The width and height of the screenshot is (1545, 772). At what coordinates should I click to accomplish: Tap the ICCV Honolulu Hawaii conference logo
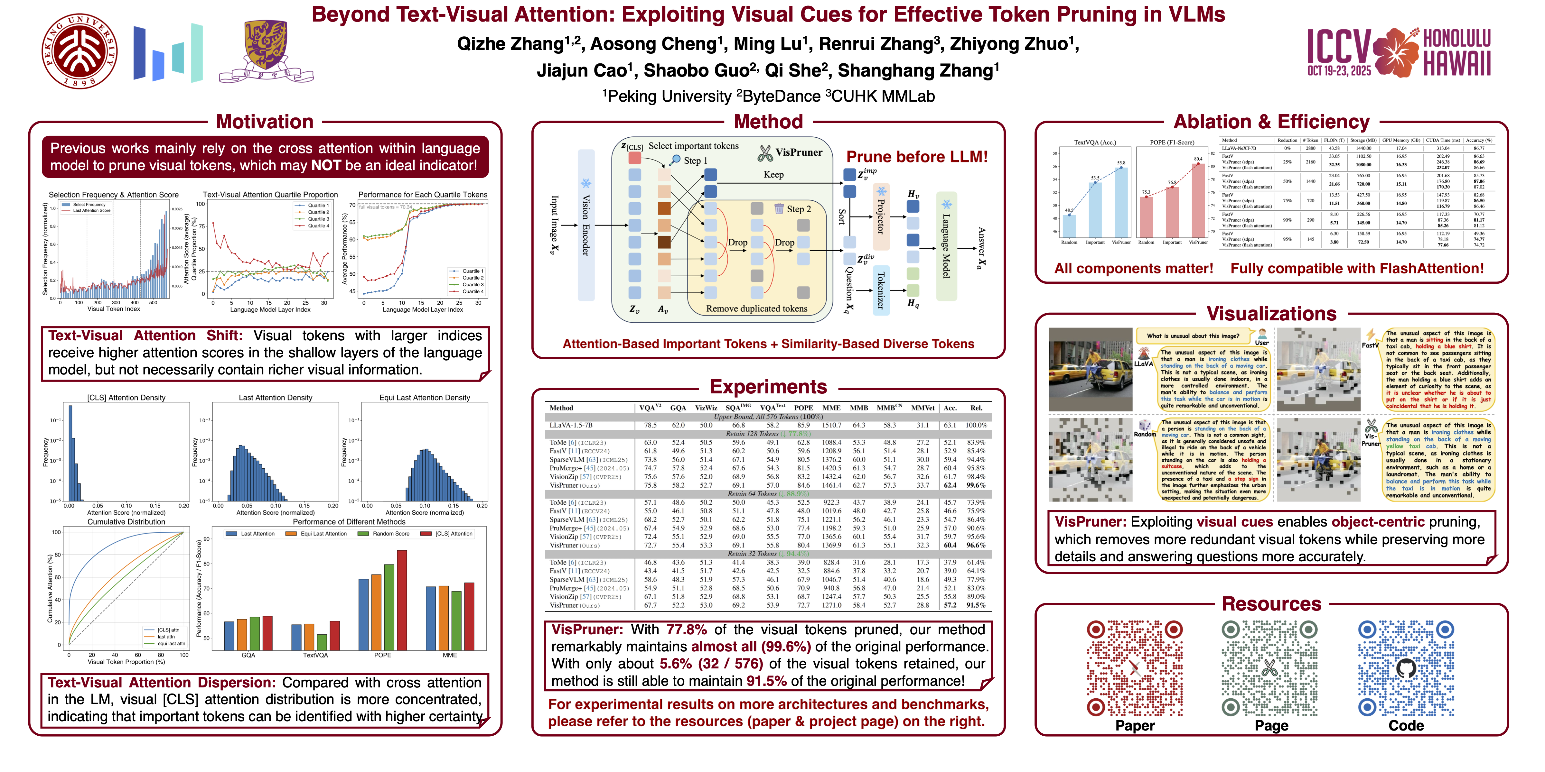click(x=1399, y=53)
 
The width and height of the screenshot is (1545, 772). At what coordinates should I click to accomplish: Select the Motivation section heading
click(x=265, y=122)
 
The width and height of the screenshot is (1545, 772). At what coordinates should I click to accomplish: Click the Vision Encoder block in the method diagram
click(x=586, y=225)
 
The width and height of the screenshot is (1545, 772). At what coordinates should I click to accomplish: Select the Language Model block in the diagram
click(x=946, y=246)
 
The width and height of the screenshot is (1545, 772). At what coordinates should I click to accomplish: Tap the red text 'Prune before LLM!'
click(x=916, y=157)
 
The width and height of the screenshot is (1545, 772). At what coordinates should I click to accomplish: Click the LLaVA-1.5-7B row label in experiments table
click(x=571, y=425)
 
